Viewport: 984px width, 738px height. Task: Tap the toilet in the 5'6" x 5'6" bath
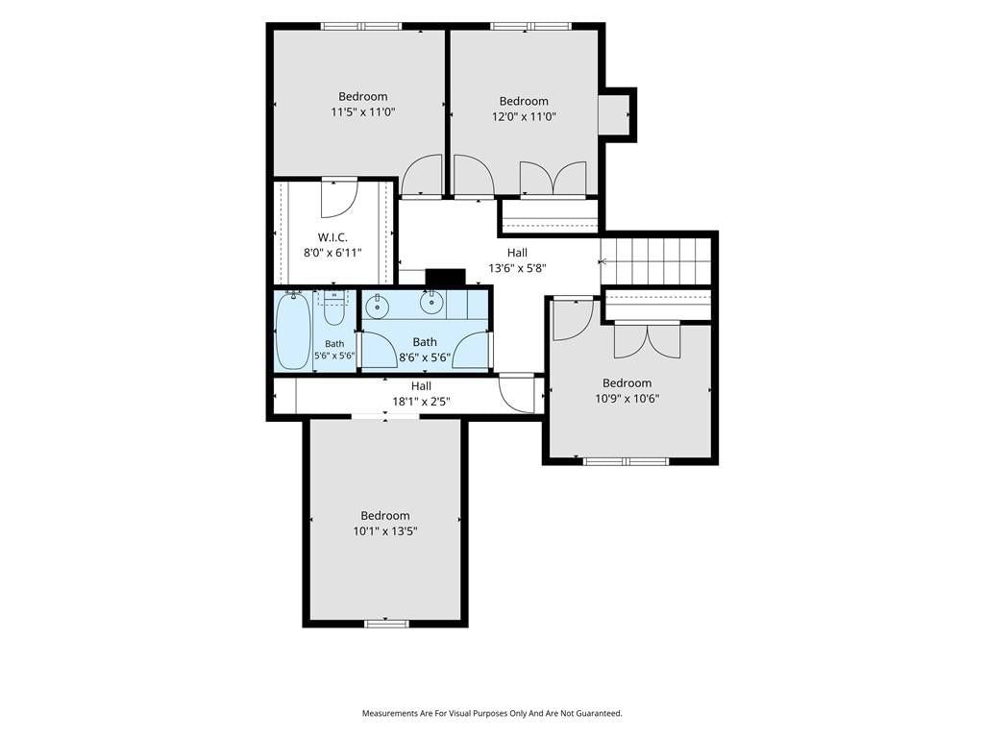tap(333, 307)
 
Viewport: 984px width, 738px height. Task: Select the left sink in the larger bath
tap(377, 307)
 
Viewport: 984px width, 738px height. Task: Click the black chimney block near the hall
tap(446, 278)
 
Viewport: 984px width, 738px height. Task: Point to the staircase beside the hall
tap(655, 261)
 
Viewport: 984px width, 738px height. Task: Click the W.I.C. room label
tap(332, 237)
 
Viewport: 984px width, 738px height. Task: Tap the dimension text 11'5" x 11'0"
tap(362, 112)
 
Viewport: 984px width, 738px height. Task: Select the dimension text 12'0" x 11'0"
tap(524, 116)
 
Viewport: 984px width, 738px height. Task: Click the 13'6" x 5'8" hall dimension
tap(517, 269)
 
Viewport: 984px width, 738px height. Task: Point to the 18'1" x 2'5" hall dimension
tap(421, 401)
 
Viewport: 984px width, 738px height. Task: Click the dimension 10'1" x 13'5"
tap(385, 531)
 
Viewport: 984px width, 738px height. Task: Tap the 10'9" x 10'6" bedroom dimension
tap(627, 399)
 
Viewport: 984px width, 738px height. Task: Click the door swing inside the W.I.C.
tap(339, 198)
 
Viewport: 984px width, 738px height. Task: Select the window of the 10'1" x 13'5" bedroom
tap(386, 623)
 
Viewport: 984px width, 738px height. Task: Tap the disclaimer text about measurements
tap(492, 713)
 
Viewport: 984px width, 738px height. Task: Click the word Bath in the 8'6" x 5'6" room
tap(425, 342)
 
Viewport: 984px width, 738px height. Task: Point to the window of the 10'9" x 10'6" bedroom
tap(626, 461)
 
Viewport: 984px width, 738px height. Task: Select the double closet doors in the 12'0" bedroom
tap(553, 178)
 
